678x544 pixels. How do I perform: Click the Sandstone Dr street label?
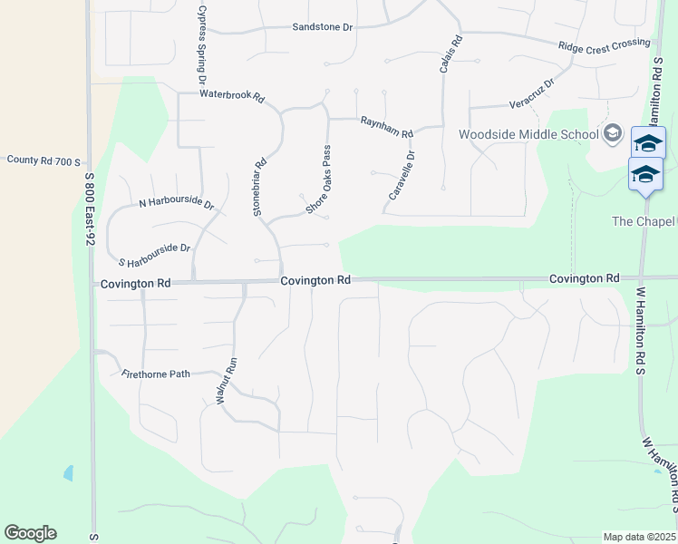[x=322, y=27]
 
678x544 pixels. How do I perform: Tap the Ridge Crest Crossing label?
[x=605, y=44]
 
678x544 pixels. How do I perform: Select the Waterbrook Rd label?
[x=231, y=95]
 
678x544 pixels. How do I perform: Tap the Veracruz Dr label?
[x=531, y=91]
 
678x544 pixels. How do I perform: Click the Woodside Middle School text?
[x=528, y=135]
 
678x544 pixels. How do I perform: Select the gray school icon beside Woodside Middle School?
[x=612, y=134]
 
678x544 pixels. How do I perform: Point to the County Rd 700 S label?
[x=44, y=160]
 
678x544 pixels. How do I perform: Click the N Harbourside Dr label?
[x=176, y=204]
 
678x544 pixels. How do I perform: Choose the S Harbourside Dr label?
[x=154, y=248]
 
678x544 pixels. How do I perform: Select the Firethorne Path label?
[x=156, y=373]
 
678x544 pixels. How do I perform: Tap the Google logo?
[x=30, y=533]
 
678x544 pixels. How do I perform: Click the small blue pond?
[x=68, y=473]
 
